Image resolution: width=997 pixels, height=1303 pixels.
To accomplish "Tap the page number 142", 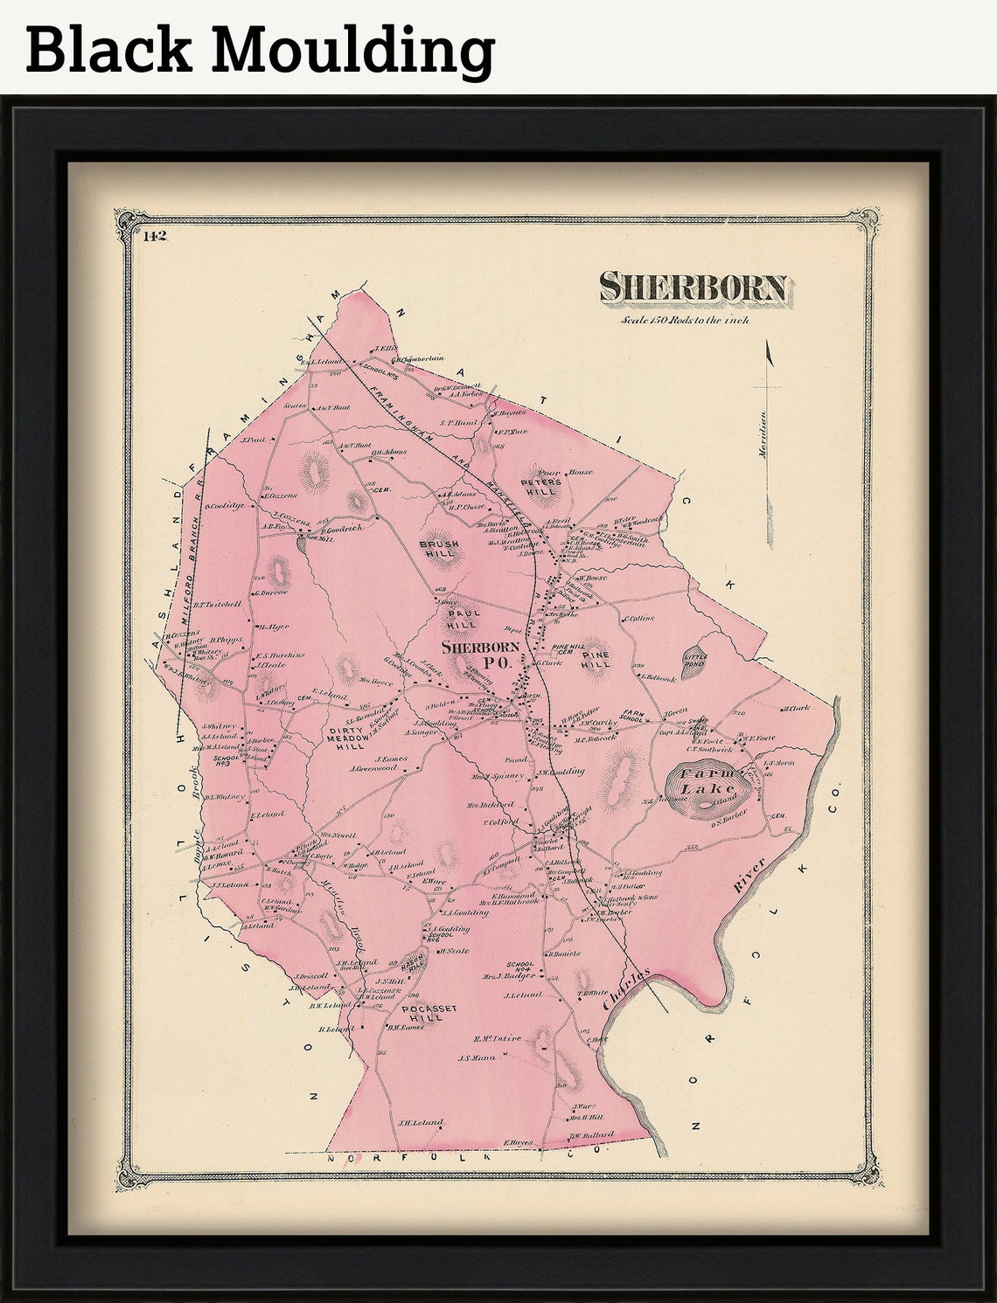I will pos(156,235).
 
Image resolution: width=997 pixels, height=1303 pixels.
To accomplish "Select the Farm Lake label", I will pos(710,782).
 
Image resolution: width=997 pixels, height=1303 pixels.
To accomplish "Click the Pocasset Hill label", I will pos(422,1013).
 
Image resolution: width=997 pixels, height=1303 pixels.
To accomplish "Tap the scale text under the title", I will pos(685,321).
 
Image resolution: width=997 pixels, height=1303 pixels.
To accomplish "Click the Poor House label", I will pos(565,473).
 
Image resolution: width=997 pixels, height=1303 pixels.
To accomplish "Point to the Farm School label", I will pos(632,716).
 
